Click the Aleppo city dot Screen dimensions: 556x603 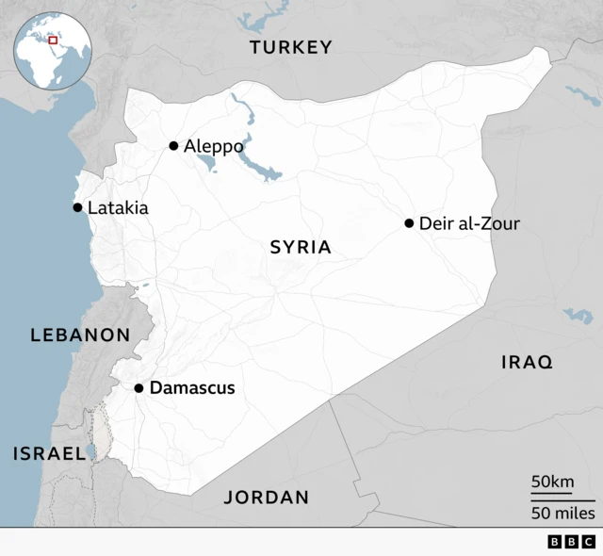coord(173,145)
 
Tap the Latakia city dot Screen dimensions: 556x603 coord(77,207)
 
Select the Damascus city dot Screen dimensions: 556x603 coord(139,388)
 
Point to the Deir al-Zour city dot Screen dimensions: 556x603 coord(409,223)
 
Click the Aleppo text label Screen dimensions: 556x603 coord(214,146)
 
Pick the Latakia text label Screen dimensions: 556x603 coord(118,207)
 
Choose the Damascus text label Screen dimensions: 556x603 coord(192,388)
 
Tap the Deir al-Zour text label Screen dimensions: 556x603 coord(469,223)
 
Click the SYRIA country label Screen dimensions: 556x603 coord(301,248)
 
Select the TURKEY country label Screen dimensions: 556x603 coord(290,47)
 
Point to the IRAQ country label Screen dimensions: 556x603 coord(527,362)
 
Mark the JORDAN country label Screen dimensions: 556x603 coord(266,498)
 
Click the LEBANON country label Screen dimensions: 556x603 coord(80,335)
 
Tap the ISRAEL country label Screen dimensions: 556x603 coord(49,453)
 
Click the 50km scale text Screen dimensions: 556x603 coord(552,482)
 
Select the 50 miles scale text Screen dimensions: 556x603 coord(562,513)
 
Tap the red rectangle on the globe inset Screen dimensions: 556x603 coord(54,40)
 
